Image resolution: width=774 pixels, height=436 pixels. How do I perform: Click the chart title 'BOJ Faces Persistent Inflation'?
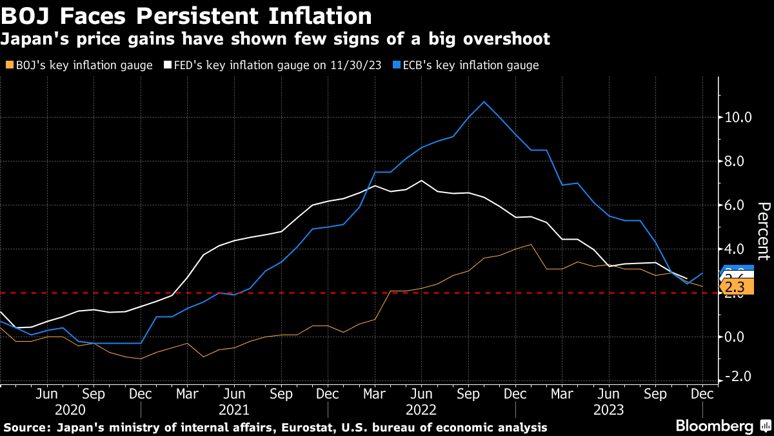tap(186, 16)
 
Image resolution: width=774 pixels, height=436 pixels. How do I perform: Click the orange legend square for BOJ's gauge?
tap(8, 65)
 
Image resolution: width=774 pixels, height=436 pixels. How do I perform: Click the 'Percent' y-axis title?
tap(764, 231)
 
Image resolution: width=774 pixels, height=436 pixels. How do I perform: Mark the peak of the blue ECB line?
tap(484, 101)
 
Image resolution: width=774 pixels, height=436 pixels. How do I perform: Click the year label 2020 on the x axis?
tap(70, 410)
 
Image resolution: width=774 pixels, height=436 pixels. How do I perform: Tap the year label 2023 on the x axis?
tap(608, 410)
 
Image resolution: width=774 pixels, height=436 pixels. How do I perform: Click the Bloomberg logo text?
tap(714, 426)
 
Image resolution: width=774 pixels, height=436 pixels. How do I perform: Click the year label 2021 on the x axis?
tap(234, 410)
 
